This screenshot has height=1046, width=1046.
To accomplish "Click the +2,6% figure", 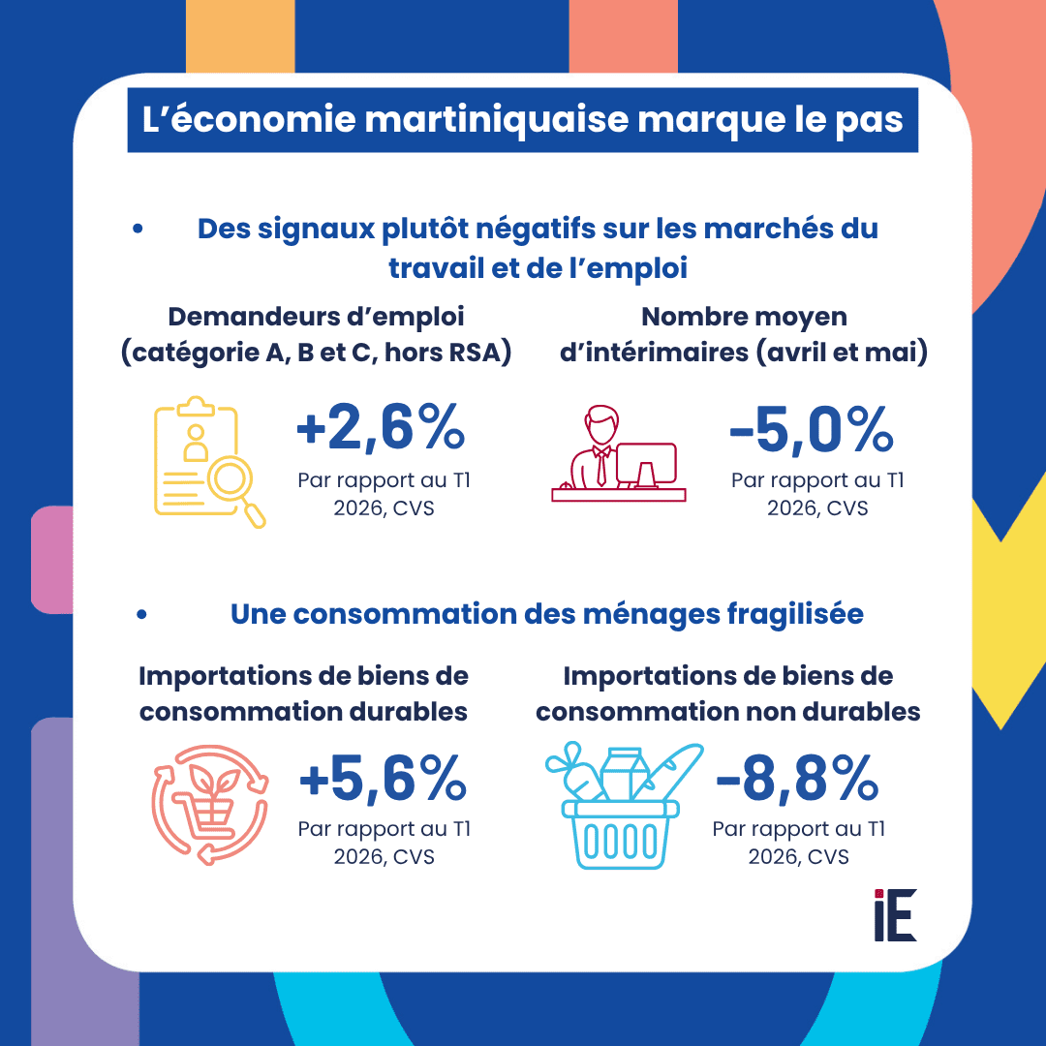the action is pyautogui.click(x=381, y=427).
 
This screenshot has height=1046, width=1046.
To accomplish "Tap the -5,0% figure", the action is pyautogui.click(x=812, y=429).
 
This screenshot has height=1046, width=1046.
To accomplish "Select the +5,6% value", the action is pyautogui.click(x=383, y=777).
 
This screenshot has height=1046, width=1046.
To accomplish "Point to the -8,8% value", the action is pyautogui.click(x=797, y=777).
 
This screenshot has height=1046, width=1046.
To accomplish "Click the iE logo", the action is pyautogui.click(x=895, y=914).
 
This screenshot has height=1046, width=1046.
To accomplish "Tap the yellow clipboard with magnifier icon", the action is pyautogui.click(x=209, y=462).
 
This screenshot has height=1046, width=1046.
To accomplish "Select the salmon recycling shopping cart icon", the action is pyautogui.click(x=210, y=805).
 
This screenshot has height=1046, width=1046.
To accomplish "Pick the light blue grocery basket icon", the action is pyautogui.click(x=624, y=805).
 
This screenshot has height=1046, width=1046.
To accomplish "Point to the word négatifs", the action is pyautogui.click(x=535, y=229).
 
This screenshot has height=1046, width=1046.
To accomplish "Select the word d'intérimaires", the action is pyautogui.click(x=654, y=353).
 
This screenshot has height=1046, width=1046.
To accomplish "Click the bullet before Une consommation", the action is pyautogui.click(x=141, y=614).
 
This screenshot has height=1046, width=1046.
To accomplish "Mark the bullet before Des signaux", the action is pyautogui.click(x=138, y=229).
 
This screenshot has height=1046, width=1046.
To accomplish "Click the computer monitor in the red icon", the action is pyautogui.click(x=646, y=465).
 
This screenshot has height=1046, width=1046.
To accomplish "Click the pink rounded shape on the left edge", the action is pyautogui.click(x=52, y=560).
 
